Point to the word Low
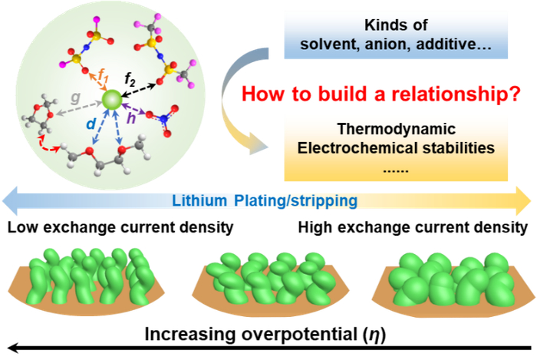[21, 228]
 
